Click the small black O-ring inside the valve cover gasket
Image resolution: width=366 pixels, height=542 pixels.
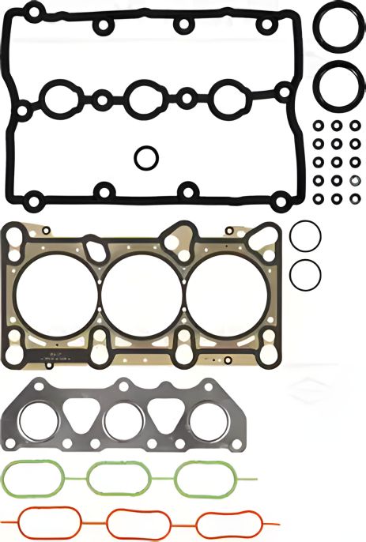point(145,157)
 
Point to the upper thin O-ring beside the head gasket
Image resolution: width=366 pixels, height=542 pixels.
point(304,235)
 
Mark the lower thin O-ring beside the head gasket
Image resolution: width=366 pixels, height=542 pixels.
point(305,274)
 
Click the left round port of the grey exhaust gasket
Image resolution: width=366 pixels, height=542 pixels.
point(39,423)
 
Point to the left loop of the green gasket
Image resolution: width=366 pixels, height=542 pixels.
point(33,477)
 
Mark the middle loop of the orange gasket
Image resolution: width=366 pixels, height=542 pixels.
point(138,521)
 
